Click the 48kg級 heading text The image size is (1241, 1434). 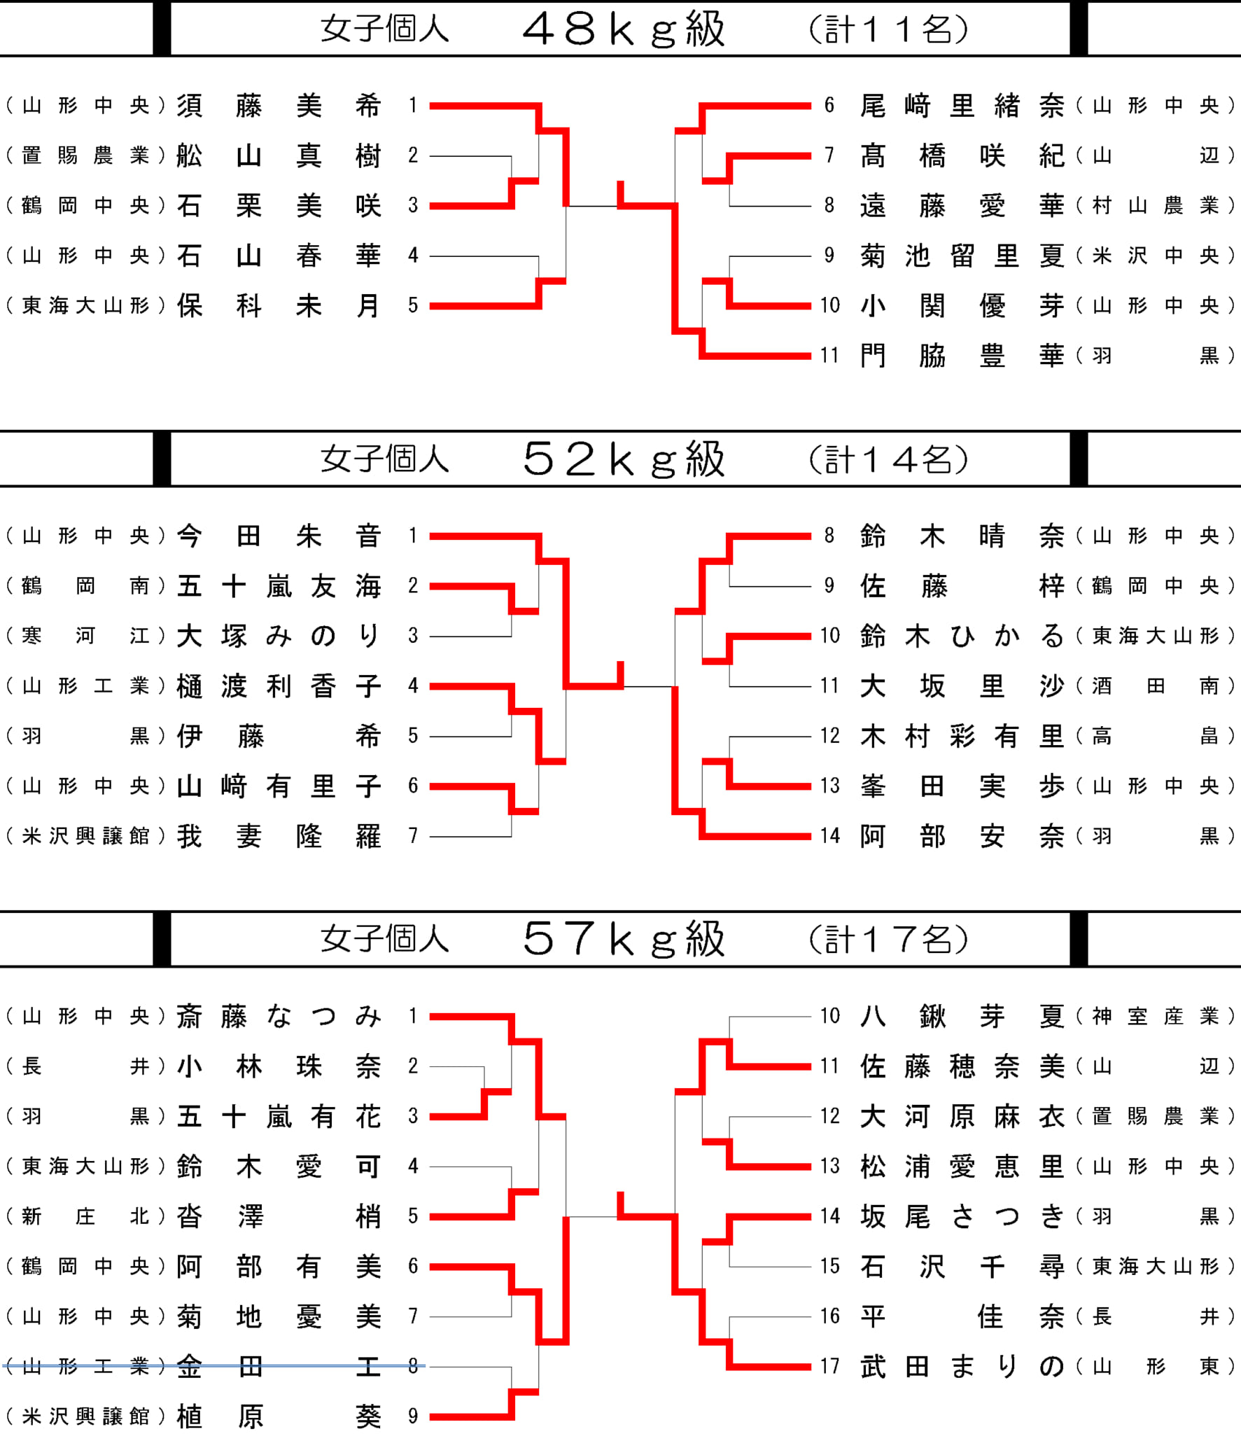(x=624, y=29)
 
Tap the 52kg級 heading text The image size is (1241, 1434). (x=624, y=459)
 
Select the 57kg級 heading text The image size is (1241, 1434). (x=624, y=939)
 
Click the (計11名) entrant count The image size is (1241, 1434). (x=888, y=29)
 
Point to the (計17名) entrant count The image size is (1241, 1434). (x=888, y=939)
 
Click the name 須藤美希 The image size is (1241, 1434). (x=279, y=106)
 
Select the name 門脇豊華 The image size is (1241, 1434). (x=962, y=356)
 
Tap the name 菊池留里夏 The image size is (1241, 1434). (x=962, y=256)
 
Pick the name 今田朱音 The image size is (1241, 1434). (x=279, y=536)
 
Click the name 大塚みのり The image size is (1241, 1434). (x=279, y=636)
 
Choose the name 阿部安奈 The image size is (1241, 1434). (x=962, y=836)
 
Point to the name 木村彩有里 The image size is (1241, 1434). (x=962, y=736)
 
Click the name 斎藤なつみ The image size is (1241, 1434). (x=279, y=1016)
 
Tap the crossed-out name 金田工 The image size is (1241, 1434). (x=279, y=1366)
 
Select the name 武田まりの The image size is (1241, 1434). (x=962, y=1366)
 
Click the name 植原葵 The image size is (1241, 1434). (x=279, y=1416)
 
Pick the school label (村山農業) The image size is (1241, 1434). (x=1155, y=206)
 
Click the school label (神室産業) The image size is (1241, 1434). (x=1155, y=1016)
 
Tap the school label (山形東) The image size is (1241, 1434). (x=1155, y=1366)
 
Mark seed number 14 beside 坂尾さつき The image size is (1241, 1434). (x=830, y=1216)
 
